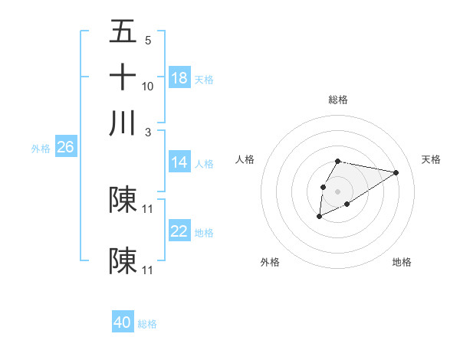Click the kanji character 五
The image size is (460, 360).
coord(123,32)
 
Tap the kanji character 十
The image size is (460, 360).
coord(123,77)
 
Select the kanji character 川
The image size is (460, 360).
coord(123,123)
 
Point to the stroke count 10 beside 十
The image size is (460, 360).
coord(148,86)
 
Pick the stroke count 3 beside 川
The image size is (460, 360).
coord(148,132)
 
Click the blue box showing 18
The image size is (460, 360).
coord(179,78)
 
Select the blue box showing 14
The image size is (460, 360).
coord(179,162)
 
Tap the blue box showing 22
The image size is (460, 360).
coord(179,231)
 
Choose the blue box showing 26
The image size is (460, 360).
coord(65,148)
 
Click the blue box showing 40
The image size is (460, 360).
coord(123,322)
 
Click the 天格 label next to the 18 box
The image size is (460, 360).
coord(204,79)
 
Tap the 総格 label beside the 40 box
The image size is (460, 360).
coord(147,324)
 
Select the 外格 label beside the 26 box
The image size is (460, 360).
coord(41,149)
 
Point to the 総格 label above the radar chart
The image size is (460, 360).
coord(337,100)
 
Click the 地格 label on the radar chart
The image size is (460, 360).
coord(402,262)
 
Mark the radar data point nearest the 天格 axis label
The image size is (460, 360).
coord(396,172)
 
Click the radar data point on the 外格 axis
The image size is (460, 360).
coord(319,218)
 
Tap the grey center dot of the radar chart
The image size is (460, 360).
coord(337,190)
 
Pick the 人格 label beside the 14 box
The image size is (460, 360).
coord(204,163)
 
